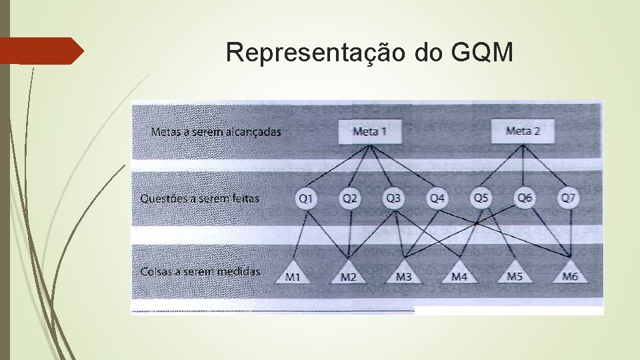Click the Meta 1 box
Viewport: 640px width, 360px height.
pos(369,131)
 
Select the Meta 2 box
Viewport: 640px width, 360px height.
pos(523,131)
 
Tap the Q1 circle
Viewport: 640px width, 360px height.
pos(307,198)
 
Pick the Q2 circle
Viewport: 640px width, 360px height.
pos(350,198)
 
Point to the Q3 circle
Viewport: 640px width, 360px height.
pos(394,198)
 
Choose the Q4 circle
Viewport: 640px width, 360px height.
pos(437,198)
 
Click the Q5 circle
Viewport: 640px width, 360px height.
pos(481,198)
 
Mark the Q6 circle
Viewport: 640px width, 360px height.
pos(525,198)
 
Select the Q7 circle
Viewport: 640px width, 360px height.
pos(568,198)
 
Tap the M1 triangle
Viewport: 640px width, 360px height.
pos(293,273)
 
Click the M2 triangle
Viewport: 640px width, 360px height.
pos(349,273)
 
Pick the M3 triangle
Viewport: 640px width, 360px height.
pos(403,273)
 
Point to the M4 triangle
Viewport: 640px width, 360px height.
pos(459,273)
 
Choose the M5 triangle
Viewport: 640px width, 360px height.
pos(514,273)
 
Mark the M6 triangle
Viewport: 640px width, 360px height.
pos(570,273)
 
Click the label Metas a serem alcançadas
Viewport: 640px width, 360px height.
pos(216,131)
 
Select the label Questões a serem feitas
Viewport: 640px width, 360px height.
pos(200,198)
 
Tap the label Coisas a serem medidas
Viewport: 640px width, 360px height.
pos(200,271)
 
